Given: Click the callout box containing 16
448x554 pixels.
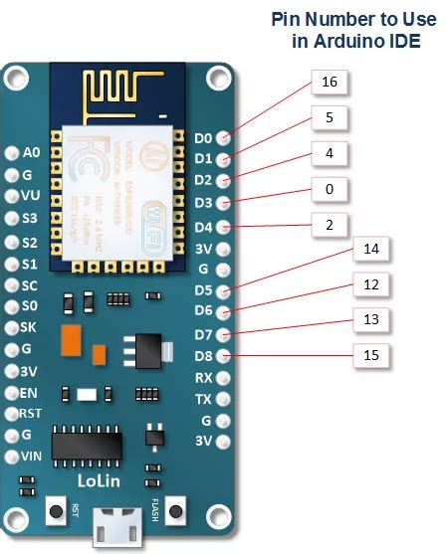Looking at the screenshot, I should (330, 83).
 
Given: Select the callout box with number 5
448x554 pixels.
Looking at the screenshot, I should (330, 118).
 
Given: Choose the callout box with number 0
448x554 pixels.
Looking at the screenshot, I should (330, 189).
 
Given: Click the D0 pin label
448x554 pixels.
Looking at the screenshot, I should (203, 138).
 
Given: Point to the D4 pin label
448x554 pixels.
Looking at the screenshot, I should (203, 226).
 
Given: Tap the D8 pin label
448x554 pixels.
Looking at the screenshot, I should (203, 356).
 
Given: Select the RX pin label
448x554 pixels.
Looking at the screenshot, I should (203, 378).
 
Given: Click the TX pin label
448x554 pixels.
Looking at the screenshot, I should (203, 399).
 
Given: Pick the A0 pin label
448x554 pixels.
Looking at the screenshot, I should (31, 153).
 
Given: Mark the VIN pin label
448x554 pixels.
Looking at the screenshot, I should (31, 458).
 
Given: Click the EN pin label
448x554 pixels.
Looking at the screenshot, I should (29, 392).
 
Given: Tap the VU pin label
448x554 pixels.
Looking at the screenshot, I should (31, 196).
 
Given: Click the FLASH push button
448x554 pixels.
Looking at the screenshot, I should (176, 511).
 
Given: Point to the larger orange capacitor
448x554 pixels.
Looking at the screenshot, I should (71, 338).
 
